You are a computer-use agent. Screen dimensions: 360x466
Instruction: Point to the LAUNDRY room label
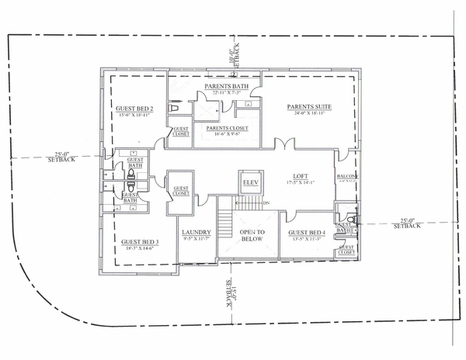click(196, 233)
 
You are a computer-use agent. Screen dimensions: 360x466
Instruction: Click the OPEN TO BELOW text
click(252, 236)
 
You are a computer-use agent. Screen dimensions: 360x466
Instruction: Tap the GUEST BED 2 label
click(134, 108)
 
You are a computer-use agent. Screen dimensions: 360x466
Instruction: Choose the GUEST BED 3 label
click(140, 242)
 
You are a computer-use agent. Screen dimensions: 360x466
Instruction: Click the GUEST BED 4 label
click(305, 233)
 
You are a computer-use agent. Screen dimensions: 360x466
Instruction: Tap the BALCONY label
click(346, 177)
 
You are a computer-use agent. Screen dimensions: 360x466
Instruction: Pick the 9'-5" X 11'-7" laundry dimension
click(196, 240)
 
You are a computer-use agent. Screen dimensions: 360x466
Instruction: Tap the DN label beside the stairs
click(266, 204)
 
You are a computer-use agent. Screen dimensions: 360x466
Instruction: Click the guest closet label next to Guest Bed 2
click(180, 131)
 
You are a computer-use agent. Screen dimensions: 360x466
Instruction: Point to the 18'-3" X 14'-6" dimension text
click(140, 249)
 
